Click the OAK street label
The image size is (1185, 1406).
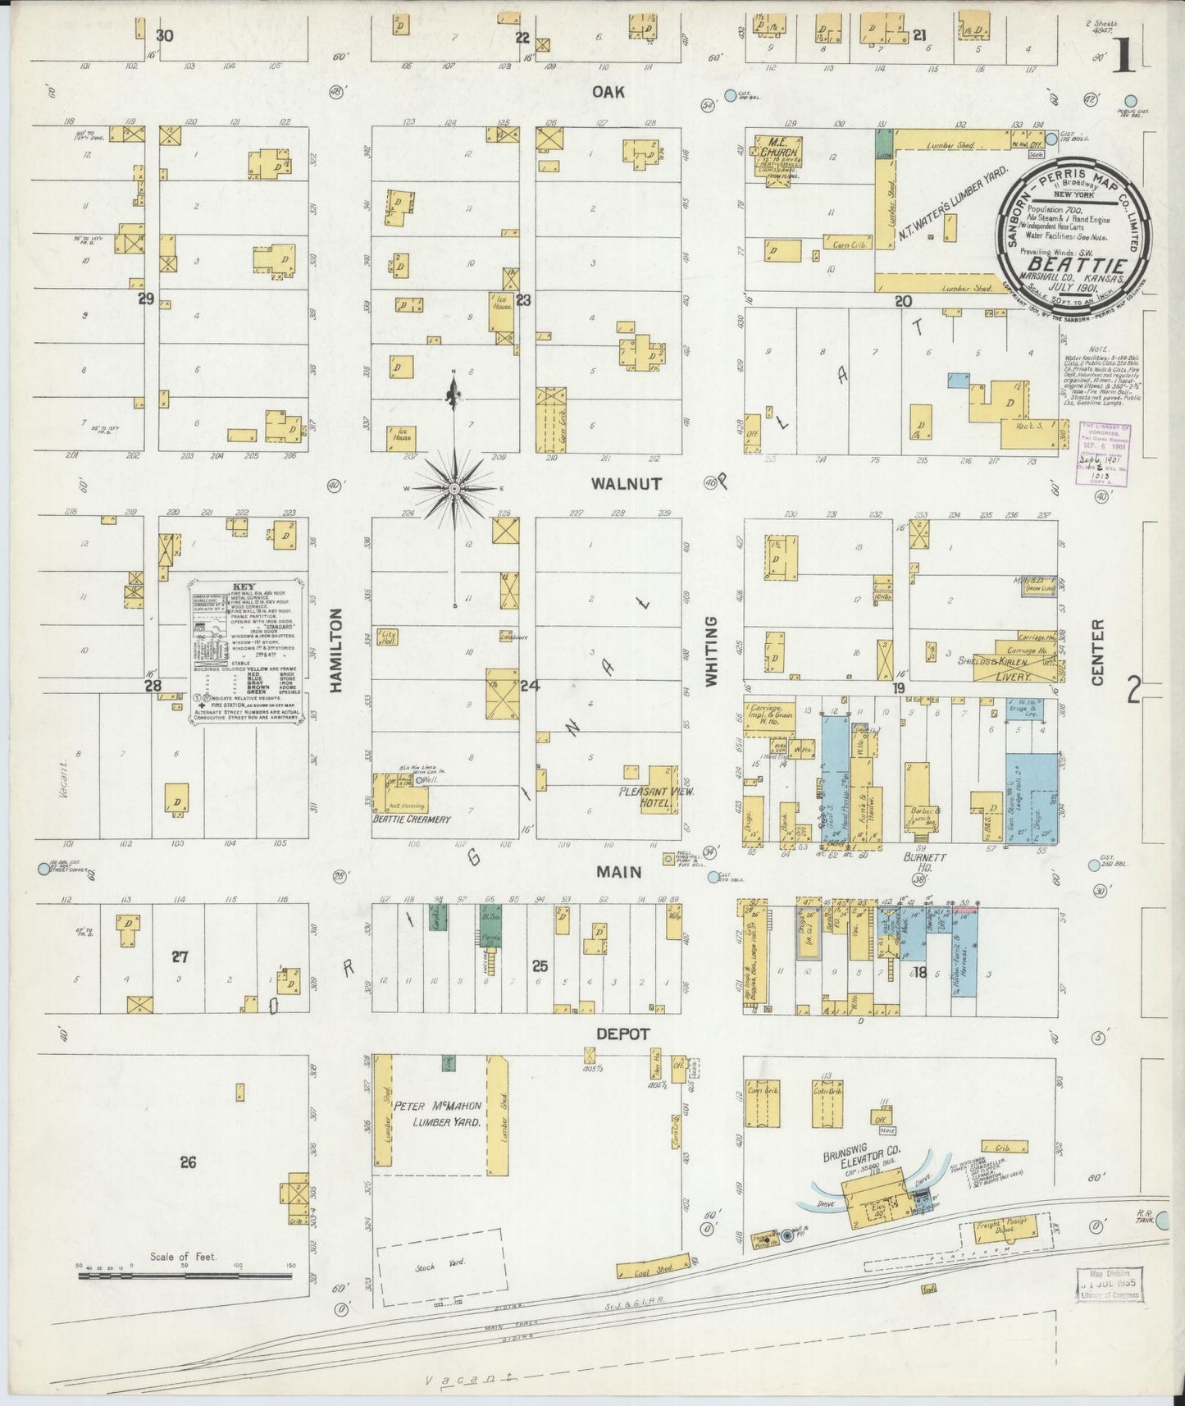(x=609, y=92)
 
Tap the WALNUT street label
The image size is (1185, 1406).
(x=627, y=484)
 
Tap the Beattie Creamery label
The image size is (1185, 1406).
(x=412, y=819)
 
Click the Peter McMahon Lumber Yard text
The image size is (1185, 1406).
(x=436, y=1113)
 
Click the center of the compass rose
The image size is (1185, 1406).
(x=453, y=488)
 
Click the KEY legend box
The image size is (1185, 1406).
(x=244, y=652)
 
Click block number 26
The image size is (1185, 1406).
(x=189, y=1162)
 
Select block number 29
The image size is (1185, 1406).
(x=146, y=299)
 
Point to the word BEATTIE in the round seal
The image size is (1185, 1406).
(x=1074, y=265)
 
